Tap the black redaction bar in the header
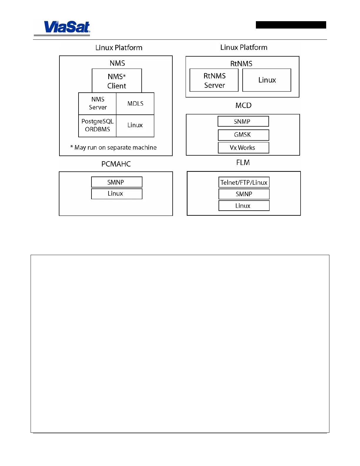point(291,25)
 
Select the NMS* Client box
point(117,81)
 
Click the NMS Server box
point(98,104)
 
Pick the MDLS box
point(135,104)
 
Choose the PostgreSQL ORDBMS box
point(97,126)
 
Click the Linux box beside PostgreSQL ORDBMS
point(135,126)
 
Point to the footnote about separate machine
point(114,147)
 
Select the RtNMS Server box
point(214,80)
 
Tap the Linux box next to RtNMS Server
point(267,80)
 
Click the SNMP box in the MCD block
point(243,121)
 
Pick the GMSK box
point(243,135)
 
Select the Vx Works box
point(243,148)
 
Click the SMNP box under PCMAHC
point(116,182)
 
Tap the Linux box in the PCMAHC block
point(116,194)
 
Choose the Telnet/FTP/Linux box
point(244,182)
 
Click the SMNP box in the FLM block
point(244,194)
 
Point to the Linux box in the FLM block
point(244,206)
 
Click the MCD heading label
point(244,105)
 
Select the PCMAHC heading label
point(116,164)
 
